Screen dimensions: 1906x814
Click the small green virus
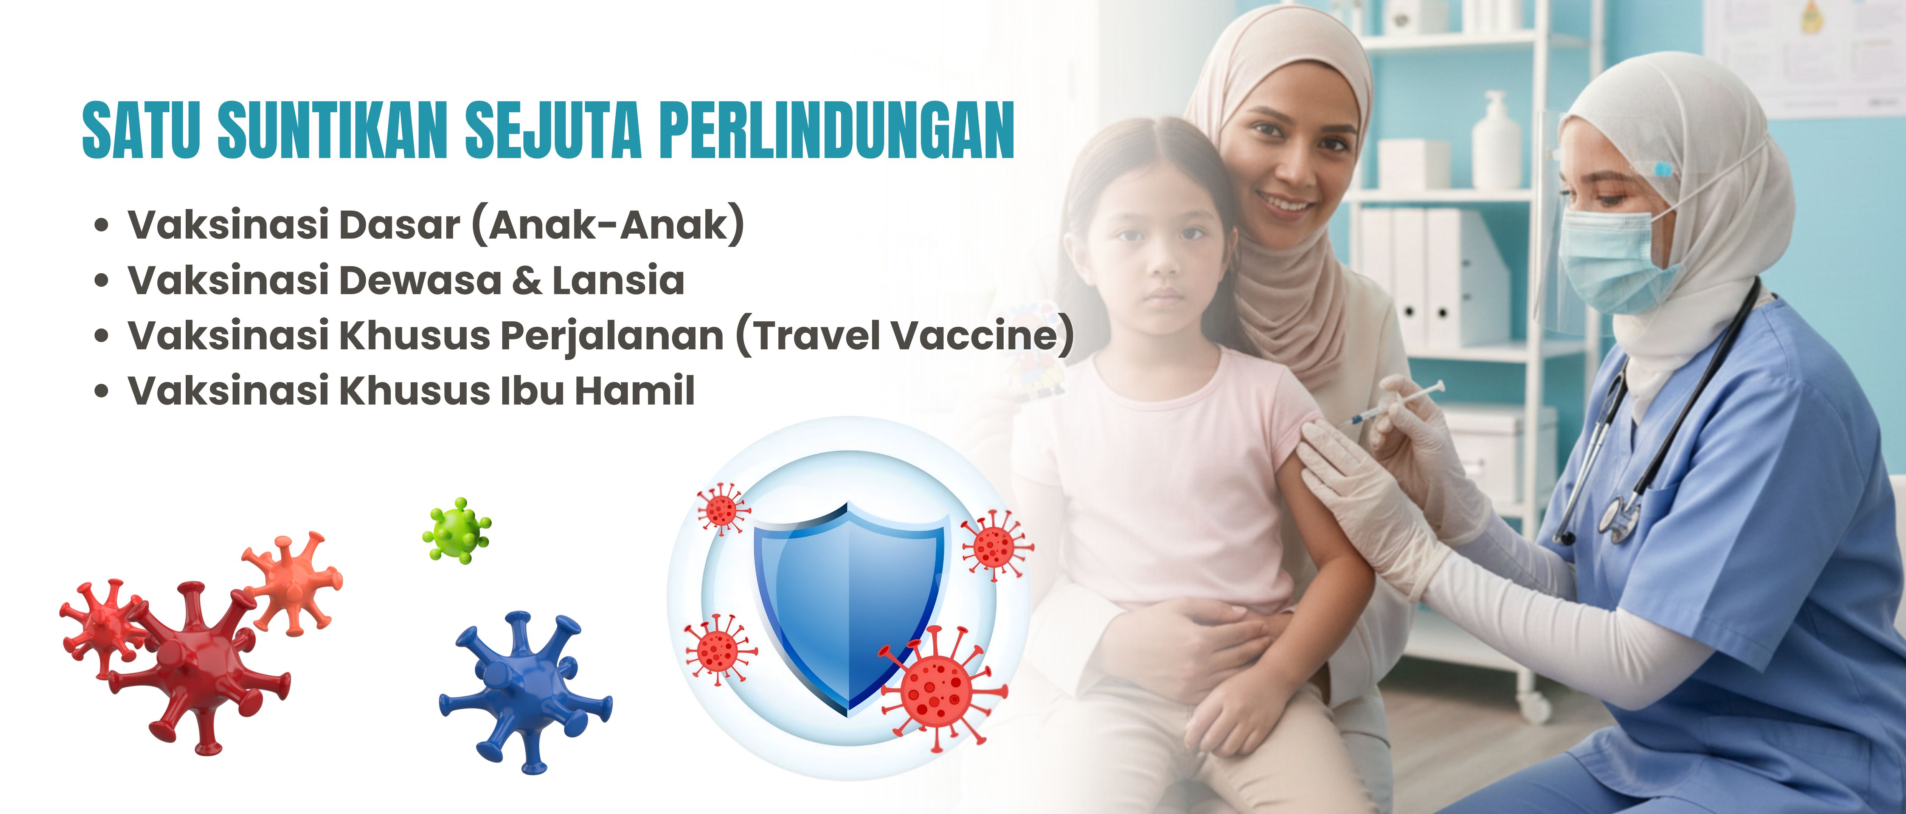click(456, 530)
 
